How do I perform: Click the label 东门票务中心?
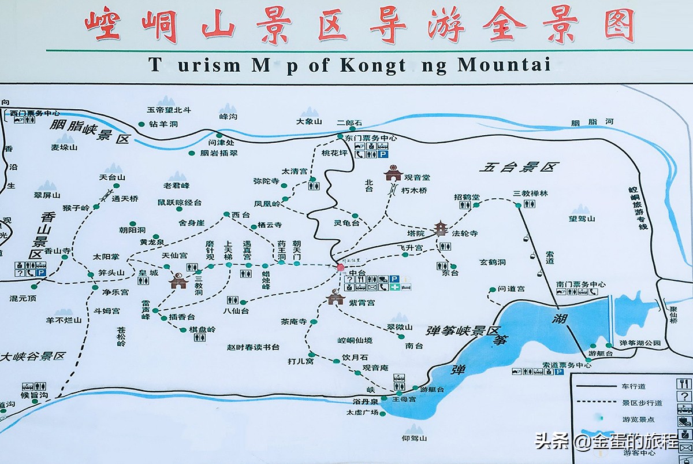tap(371, 138)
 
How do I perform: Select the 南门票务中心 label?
tap(580, 284)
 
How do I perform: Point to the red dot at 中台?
tap(340, 267)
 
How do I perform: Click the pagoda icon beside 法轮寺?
tap(441, 228)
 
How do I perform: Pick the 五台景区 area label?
tap(519, 168)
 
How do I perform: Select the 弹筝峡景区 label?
tap(461, 331)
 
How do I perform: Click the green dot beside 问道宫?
tap(493, 289)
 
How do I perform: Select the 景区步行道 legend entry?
tap(642, 402)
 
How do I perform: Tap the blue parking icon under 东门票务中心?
tap(383, 154)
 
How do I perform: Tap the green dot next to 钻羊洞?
tap(141, 124)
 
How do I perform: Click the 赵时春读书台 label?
tap(253, 347)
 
